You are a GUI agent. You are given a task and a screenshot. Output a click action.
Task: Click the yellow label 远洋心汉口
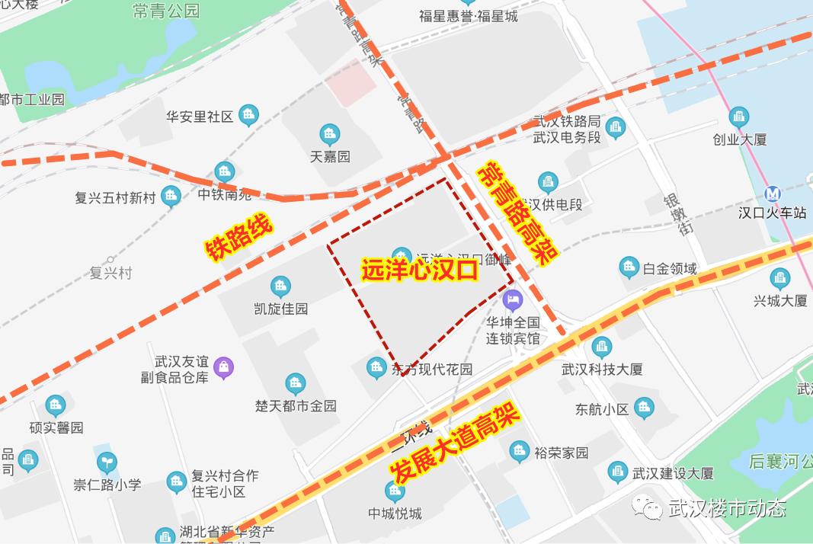pos(419,270)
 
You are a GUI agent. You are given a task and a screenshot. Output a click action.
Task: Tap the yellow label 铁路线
pos(238,238)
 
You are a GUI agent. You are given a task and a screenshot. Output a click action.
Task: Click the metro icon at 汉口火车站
pos(773,194)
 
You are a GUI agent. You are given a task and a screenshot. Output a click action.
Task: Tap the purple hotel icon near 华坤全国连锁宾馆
pos(512,299)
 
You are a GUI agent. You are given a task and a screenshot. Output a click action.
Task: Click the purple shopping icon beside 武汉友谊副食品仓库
pos(223,367)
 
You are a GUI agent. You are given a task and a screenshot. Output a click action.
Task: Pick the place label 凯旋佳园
pos(280,309)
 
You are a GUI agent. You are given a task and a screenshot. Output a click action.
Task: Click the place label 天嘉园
pos(330,156)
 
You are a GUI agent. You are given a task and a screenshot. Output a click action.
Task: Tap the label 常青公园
pos(165,11)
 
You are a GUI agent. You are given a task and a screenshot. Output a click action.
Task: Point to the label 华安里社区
pos(200,117)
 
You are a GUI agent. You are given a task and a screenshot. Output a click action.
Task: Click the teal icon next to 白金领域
pos(629,267)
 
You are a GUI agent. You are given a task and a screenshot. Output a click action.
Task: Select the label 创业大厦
pos(739,139)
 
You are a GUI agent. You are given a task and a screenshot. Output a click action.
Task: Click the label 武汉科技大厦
pos(602,369)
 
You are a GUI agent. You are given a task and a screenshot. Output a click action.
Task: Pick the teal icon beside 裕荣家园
pos(520,452)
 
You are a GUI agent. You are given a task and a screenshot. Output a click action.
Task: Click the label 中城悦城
pos(395,513)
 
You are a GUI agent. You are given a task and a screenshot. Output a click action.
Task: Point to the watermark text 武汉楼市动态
pos(727,508)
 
